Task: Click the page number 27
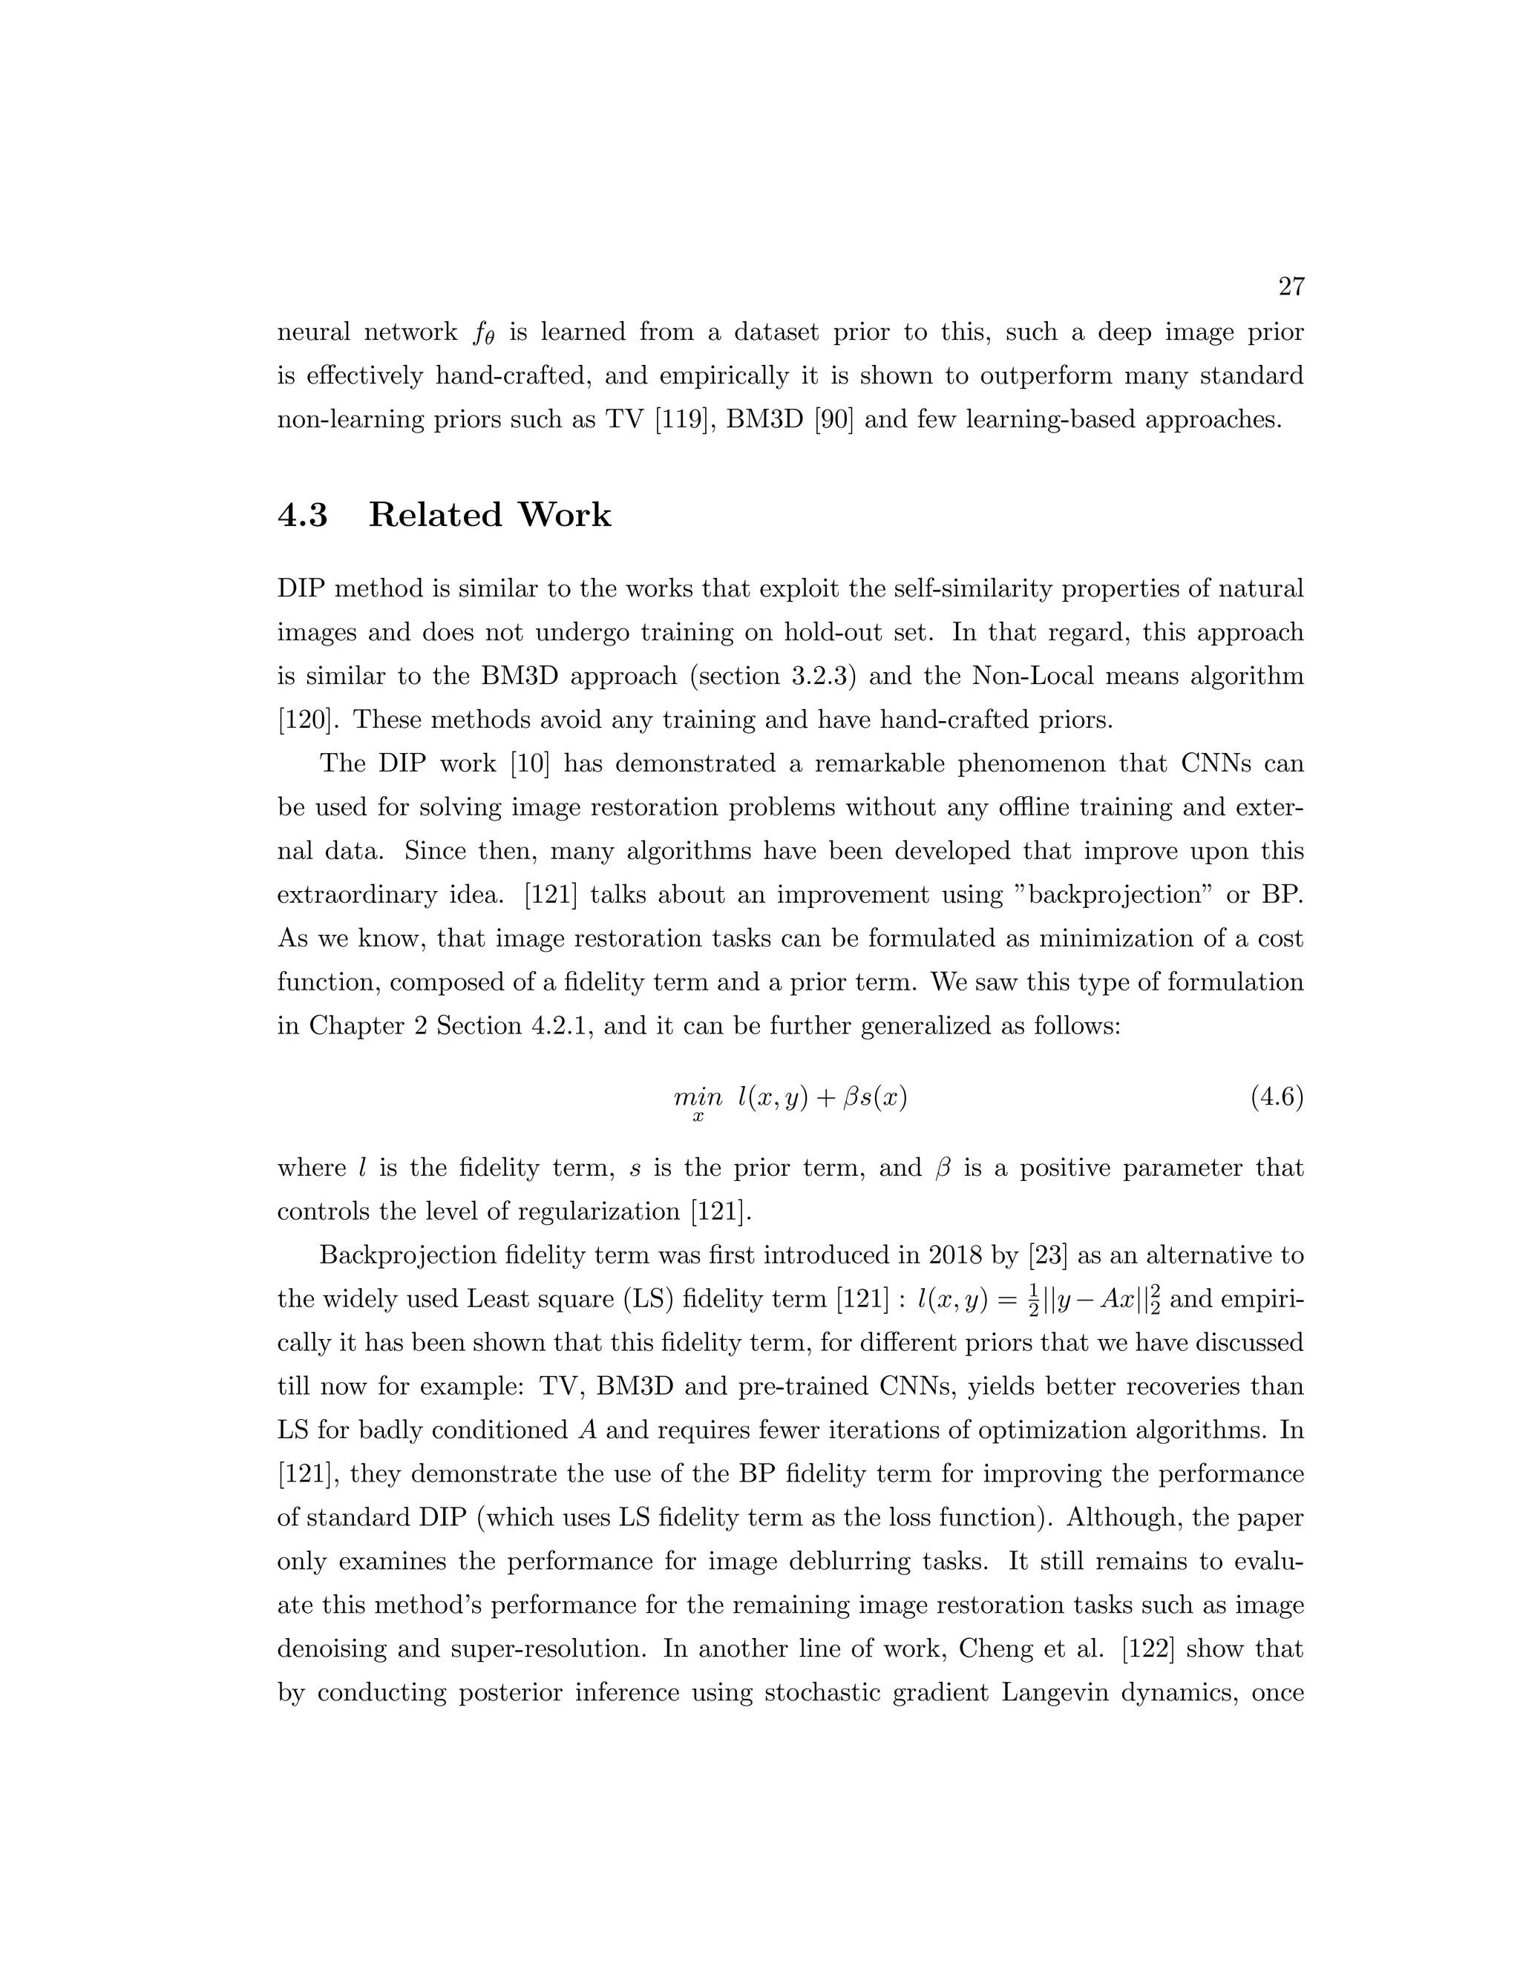tap(1291, 287)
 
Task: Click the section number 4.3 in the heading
tap(303, 516)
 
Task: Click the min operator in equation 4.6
tap(697, 1098)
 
